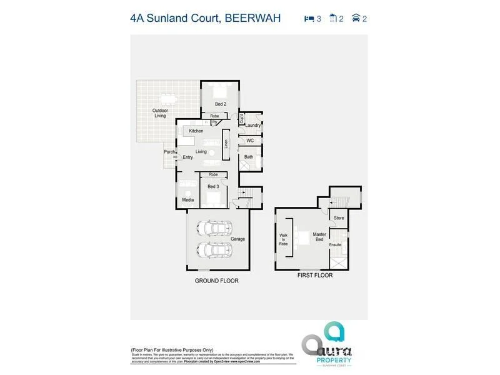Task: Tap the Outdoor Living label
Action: [161, 113]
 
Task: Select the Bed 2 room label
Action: [220, 104]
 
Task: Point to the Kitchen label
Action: [196, 131]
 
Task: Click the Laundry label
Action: [252, 125]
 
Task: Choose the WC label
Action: [249, 141]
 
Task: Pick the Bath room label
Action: [249, 157]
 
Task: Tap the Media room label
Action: [187, 200]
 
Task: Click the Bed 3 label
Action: [213, 186]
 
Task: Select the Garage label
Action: [237, 239]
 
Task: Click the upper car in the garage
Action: [214, 228]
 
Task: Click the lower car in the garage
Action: [214, 249]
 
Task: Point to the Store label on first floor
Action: [339, 218]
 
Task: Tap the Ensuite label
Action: [336, 244]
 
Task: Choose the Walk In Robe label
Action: [283, 239]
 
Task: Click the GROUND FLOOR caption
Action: [216, 281]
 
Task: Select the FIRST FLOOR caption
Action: [315, 275]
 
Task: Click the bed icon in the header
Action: [309, 19]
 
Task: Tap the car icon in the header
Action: [356, 19]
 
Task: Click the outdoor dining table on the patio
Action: [168, 98]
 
